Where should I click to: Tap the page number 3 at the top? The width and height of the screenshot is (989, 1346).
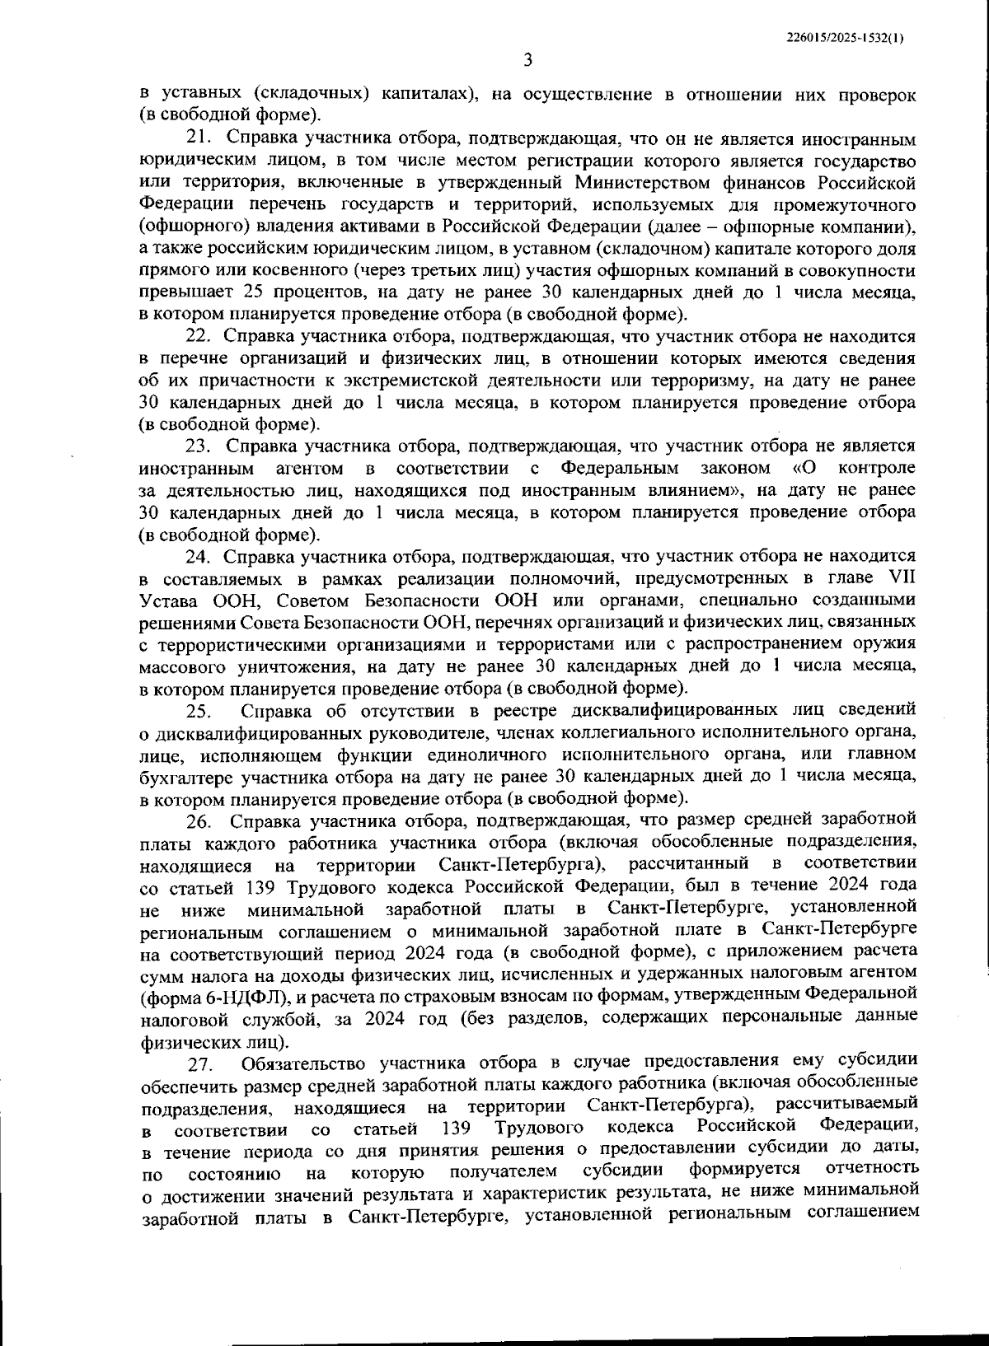point(528,61)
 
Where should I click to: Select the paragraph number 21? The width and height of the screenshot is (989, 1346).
point(200,138)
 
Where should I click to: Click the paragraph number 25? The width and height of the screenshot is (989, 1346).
point(199,711)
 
